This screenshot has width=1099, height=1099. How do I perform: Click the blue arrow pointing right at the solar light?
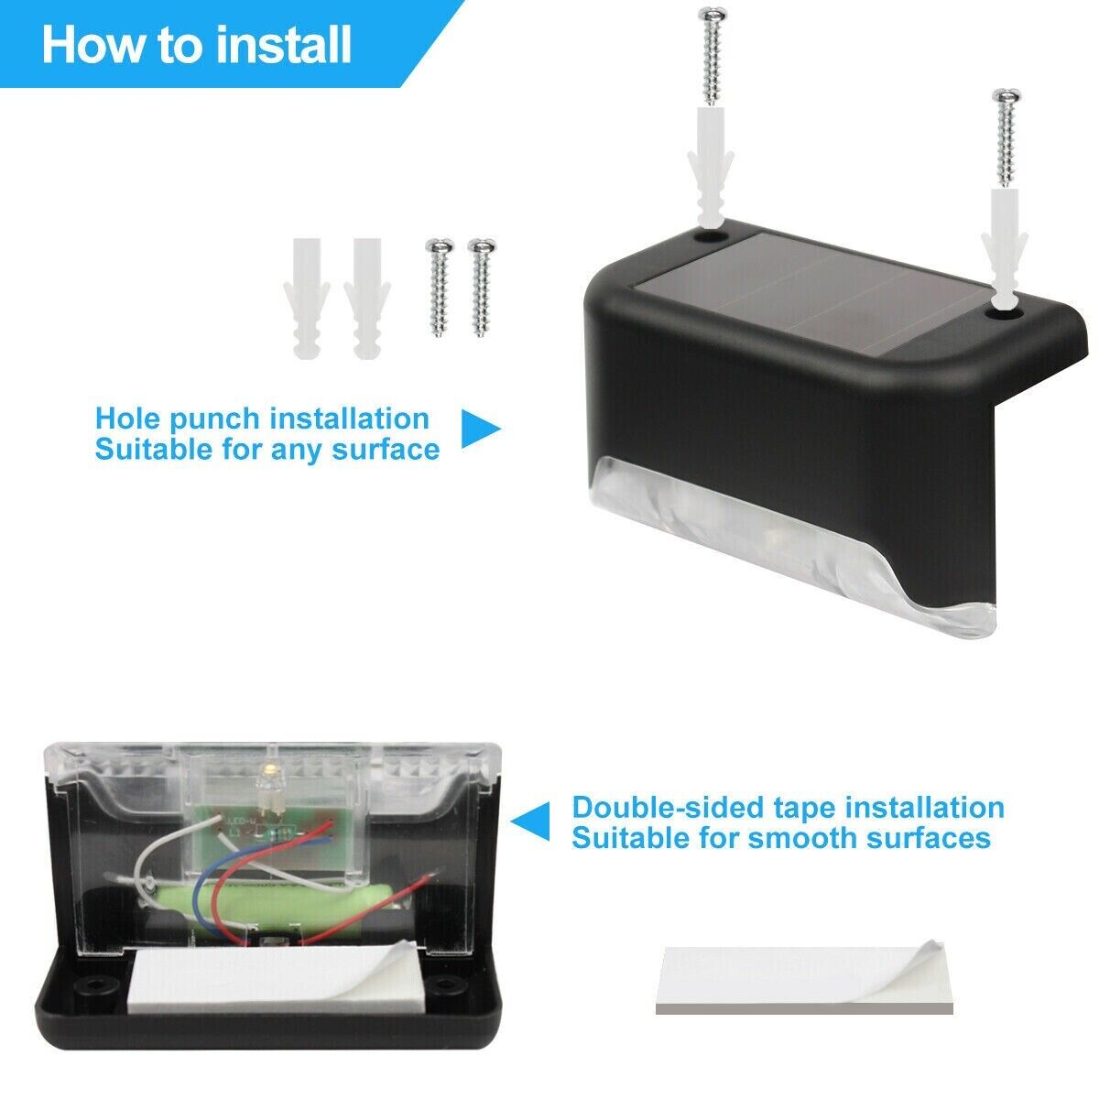(x=480, y=428)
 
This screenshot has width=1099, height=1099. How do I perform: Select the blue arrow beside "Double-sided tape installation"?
(x=530, y=822)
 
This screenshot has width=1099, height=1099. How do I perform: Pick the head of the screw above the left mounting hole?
(x=713, y=14)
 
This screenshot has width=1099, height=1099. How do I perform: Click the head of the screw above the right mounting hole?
(x=1007, y=96)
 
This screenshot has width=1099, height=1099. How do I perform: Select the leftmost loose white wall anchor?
(x=306, y=298)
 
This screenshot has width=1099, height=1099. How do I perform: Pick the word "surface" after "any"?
(x=386, y=449)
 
